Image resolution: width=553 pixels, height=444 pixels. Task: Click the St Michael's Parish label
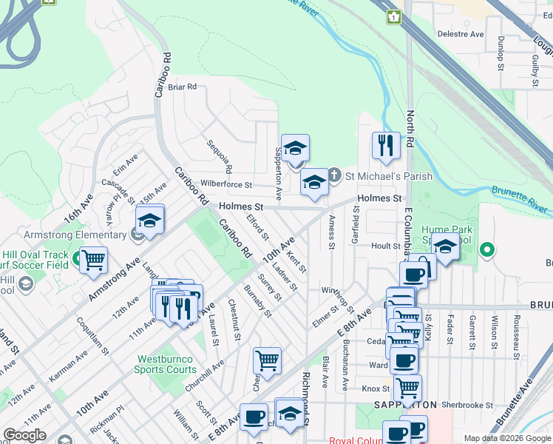(x=380, y=176)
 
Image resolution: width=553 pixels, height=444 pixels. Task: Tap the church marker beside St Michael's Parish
(x=334, y=175)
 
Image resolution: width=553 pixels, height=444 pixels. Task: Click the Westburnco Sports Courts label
(x=166, y=364)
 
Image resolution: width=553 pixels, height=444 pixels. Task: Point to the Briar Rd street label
(x=182, y=87)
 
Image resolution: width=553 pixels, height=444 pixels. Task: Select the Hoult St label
(x=385, y=246)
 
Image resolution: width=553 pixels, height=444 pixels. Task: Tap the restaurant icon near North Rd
(x=386, y=146)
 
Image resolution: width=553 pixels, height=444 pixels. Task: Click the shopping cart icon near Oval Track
(x=94, y=260)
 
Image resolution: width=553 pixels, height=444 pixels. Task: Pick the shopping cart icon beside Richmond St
(x=267, y=360)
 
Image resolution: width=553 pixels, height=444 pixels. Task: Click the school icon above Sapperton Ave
(x=295, y=148)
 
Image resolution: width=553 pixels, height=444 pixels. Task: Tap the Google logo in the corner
(x=24, y=436)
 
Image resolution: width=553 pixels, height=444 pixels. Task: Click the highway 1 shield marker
(x=393, y=16)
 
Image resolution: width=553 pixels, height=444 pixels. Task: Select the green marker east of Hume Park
(x=486, y=250)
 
